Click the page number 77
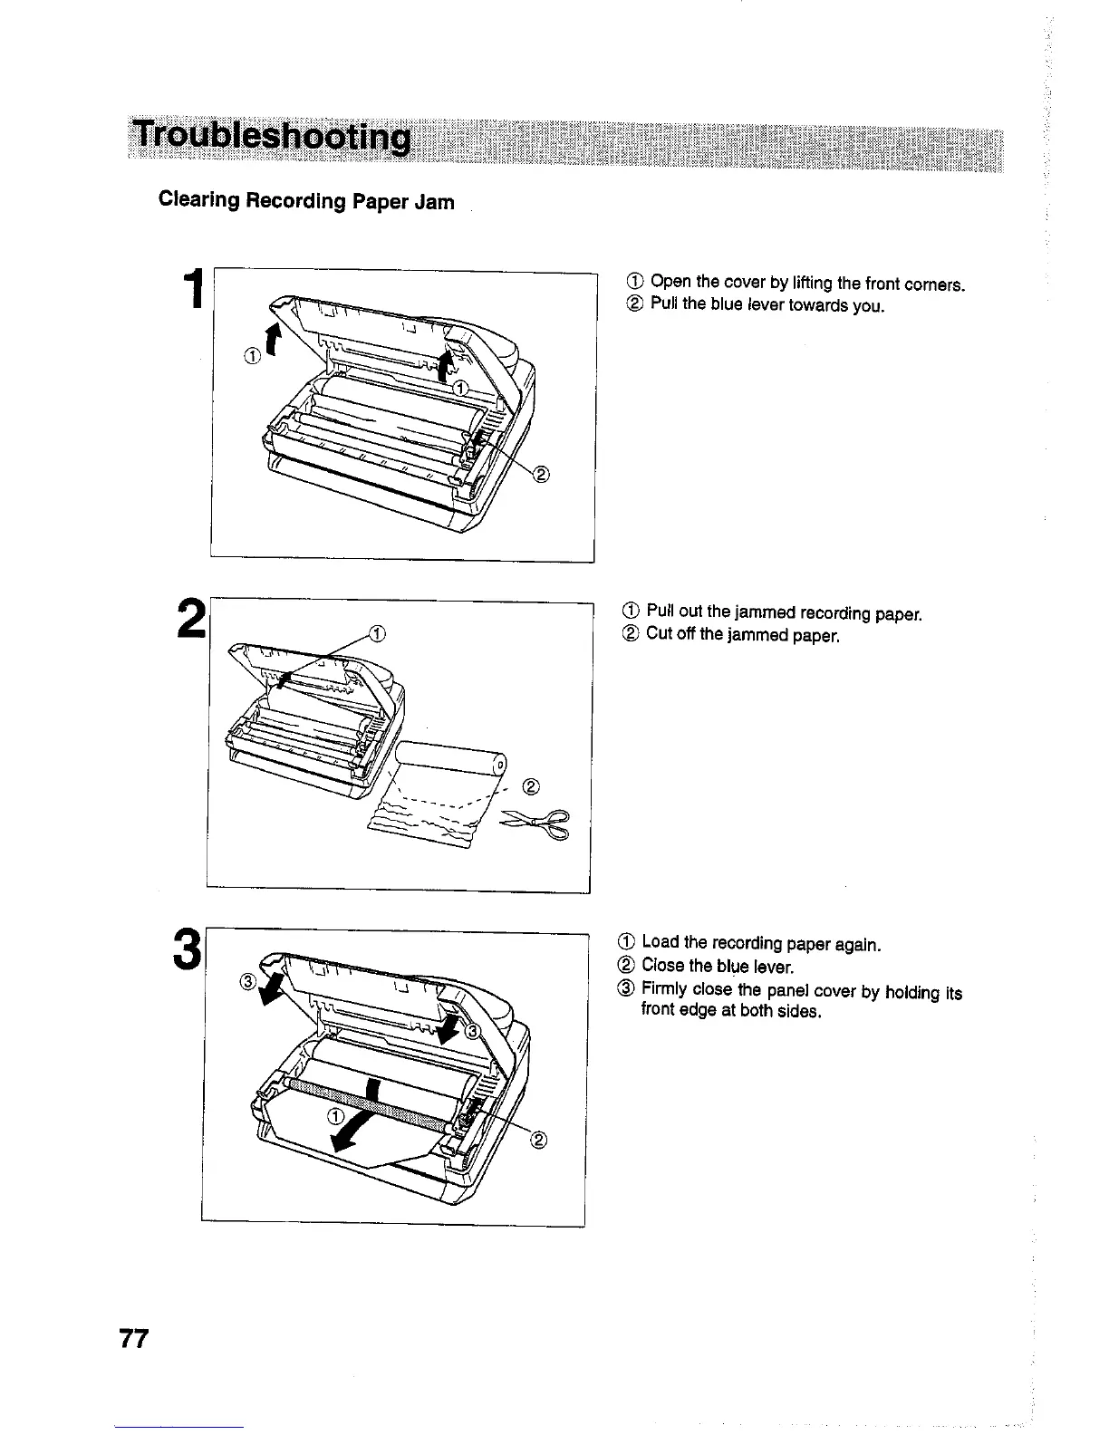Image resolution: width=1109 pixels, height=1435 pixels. [x=132, y=1340]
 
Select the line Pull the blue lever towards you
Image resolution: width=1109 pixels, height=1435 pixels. [x=767, y=304]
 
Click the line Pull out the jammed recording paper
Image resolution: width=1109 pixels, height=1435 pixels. [x=785, y=614]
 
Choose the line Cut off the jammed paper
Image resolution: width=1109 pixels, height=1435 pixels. [x=743, y=635]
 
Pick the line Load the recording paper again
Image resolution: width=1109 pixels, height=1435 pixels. [x=760, y=945]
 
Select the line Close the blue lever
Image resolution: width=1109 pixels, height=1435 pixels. [x=717, y=966]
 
